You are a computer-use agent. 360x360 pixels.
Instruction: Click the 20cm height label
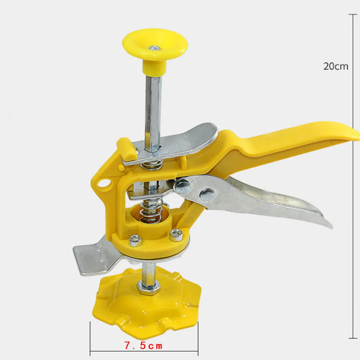point(336,66)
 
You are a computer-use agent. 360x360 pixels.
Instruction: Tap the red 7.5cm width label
point(143,346)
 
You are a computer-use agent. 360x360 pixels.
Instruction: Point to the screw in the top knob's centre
point(155,48)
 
